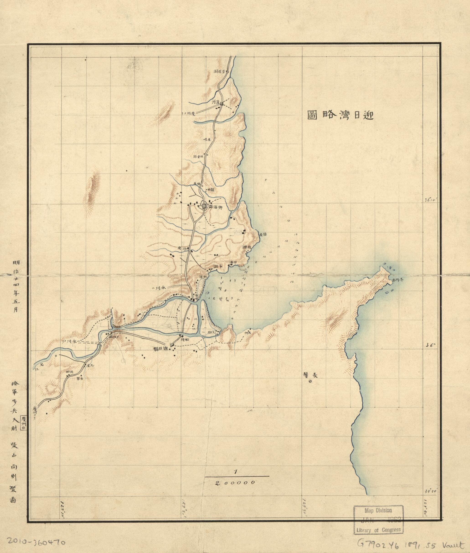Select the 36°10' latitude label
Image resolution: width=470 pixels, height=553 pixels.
point(430,200)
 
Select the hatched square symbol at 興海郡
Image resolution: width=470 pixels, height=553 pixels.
point(204,206)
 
